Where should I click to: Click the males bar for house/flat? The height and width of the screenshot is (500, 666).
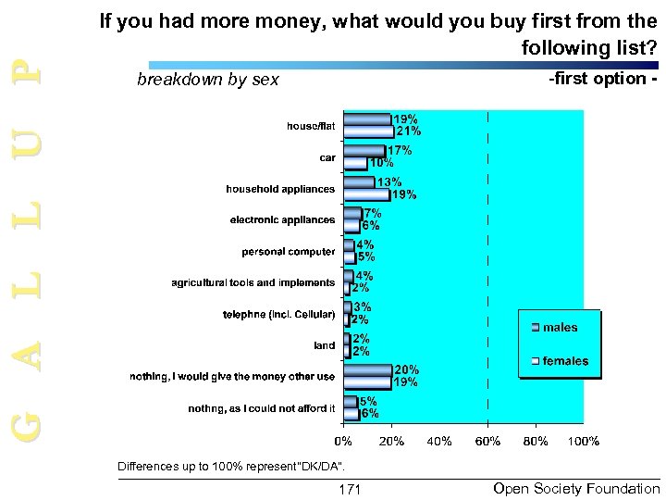point(366,119)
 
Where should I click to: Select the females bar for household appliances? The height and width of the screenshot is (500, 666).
point(366,194)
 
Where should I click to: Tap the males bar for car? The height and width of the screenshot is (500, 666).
point(364,150)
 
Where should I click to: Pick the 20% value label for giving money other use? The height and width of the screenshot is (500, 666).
point(407,369)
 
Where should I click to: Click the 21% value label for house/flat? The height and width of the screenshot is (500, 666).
point(409,131)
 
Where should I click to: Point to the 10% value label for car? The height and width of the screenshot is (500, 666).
point(381,162)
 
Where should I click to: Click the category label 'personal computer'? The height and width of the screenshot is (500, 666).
point(289,252)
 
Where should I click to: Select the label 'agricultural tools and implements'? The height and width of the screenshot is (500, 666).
point(253,282)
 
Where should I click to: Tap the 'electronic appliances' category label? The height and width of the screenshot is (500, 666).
point(282,220)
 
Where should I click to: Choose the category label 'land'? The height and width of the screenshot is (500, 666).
point(324,345)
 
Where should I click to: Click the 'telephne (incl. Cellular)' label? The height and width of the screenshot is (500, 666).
point(278,315)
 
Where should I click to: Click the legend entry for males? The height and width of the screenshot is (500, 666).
point(560,328)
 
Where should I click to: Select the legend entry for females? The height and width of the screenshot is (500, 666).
point(564,360)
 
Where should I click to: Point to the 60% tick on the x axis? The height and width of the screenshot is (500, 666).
point(488,441)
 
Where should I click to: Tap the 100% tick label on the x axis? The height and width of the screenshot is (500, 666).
point(584,441)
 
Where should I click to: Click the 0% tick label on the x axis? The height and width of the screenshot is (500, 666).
point(343,441)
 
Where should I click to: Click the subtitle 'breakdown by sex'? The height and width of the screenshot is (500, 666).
point(207,80)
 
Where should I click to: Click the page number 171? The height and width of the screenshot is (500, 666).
point(351,488)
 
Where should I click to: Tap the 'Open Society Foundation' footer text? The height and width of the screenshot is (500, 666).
point(577,488)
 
